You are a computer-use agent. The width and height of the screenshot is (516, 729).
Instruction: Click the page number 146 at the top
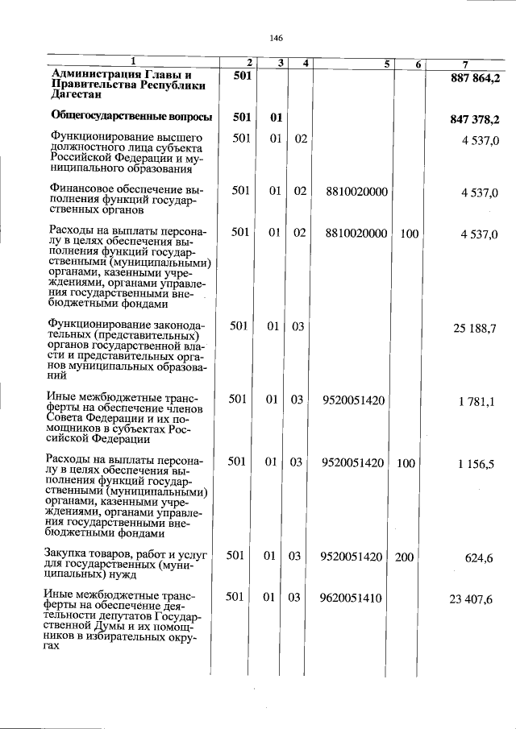coord(276,38)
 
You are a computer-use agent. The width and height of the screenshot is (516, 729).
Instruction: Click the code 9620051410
coord(351,598)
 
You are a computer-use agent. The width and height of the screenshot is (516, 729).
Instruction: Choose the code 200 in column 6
coord(409,556)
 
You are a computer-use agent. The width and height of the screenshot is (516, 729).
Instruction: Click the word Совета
coord(68,419)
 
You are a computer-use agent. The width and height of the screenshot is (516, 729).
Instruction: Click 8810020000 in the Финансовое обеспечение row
coord(356,191)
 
